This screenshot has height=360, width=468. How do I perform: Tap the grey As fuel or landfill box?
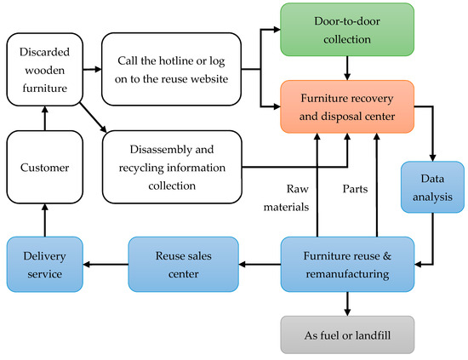pos(346,334)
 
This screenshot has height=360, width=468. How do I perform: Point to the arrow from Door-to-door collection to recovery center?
pos(346,65)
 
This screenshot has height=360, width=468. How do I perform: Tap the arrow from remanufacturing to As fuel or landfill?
pos(346,301)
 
